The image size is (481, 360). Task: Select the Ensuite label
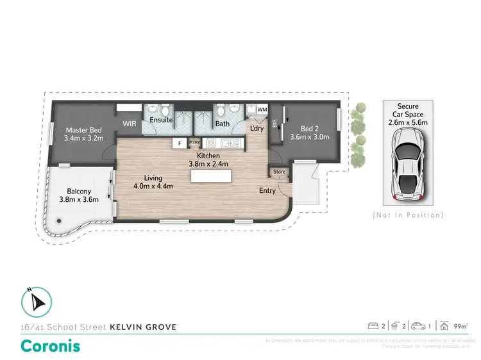pos(160,120)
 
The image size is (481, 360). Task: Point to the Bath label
pos(222,124)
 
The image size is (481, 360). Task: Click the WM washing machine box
pos(262,110)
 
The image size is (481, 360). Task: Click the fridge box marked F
pos(180,143)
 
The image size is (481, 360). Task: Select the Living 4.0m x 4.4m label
pos(153,182)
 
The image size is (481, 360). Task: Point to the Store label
pos(279,172)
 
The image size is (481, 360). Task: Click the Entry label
pos(267,190)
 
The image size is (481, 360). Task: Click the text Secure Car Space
pos(407,110)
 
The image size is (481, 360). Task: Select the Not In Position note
pos(408,215)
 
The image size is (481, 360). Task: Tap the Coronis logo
pos(51,346)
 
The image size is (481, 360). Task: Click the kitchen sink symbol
pos(228,143)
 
